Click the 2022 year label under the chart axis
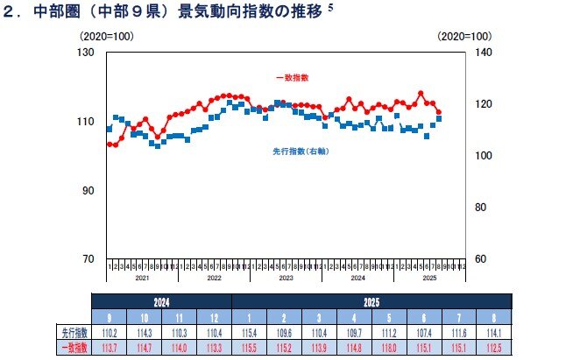tap(214, 277)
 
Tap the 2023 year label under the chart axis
tap(286, 277)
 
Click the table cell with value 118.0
tap(380, 347)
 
